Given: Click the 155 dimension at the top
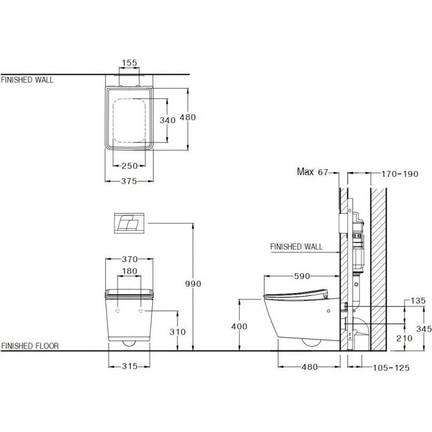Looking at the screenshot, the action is pos(130,63).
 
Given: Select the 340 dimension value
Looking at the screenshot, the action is pos(168,120).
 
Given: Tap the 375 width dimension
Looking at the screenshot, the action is pos(129,181).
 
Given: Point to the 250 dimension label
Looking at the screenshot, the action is pos(130,166).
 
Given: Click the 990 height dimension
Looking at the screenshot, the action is pos(193,284).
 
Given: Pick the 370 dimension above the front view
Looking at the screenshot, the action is pos(130,259).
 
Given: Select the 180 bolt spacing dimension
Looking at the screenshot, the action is pos(130,271).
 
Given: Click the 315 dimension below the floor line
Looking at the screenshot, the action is pos(130,366).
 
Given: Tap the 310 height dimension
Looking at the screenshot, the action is pos(177,332).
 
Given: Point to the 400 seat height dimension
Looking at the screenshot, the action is pos(239,326).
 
